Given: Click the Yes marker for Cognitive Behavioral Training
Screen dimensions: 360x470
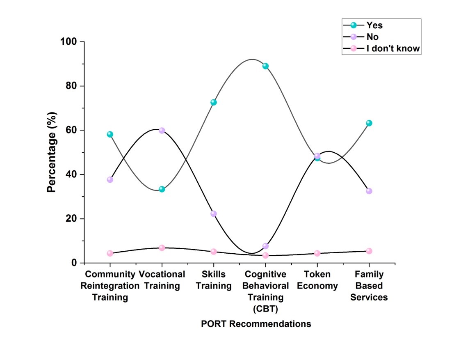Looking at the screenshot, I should (x=265, y=66).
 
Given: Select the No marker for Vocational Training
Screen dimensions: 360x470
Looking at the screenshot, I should (x=162, y=131).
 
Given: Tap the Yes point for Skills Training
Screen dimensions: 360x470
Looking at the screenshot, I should (x=214, y=102).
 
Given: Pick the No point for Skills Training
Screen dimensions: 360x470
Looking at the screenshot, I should (x=214, y=214).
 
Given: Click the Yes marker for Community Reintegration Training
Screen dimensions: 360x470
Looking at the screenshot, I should (x=110, y=134).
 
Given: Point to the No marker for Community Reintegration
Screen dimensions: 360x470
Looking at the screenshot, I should (x=110, y=179).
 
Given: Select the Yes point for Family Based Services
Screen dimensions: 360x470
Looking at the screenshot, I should (x=369, y=123).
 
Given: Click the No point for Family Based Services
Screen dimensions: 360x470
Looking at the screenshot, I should (x=369, y=191).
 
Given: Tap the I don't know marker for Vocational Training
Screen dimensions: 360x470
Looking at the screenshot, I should (x=162, y=248).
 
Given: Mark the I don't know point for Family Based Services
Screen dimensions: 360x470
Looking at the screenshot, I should (x=369, y=251).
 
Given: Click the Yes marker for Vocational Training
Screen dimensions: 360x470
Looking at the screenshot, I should (x=162, y=189).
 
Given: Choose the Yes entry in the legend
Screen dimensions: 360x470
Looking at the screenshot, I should (x=374, y=25).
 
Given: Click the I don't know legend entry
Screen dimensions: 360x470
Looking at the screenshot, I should (x=393, y=48).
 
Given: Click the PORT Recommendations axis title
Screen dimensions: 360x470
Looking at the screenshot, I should (x=256, y=324).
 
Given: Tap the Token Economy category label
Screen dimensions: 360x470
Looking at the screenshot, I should (x=317, y=280).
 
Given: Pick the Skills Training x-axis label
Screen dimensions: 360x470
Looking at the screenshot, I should (x=214, y=280).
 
